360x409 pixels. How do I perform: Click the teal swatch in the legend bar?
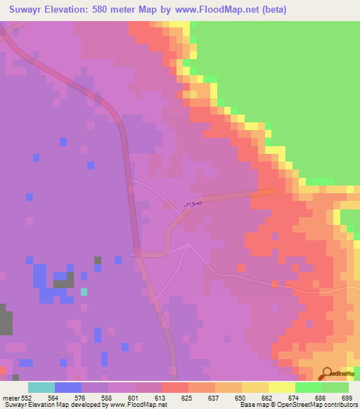(x=41, y=387)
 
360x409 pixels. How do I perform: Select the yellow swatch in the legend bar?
(x=282, y=387)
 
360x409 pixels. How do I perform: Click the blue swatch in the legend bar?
(x=68, y=387)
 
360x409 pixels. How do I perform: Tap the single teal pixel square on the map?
(x=84, y=292)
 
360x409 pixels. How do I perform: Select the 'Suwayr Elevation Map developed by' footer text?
(x=53, y=404)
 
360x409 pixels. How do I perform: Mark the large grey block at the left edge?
(x=6, y=320)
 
